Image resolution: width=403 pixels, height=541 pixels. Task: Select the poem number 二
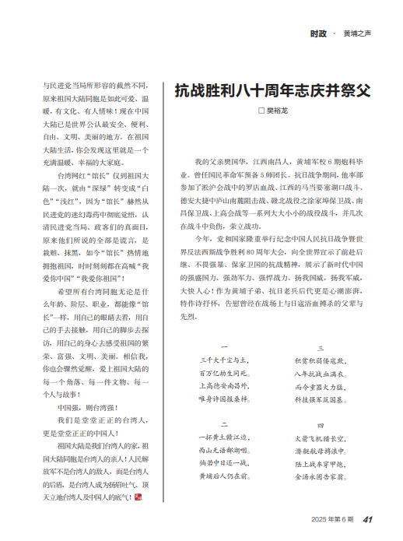224,425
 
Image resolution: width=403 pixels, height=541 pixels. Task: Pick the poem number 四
320,425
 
